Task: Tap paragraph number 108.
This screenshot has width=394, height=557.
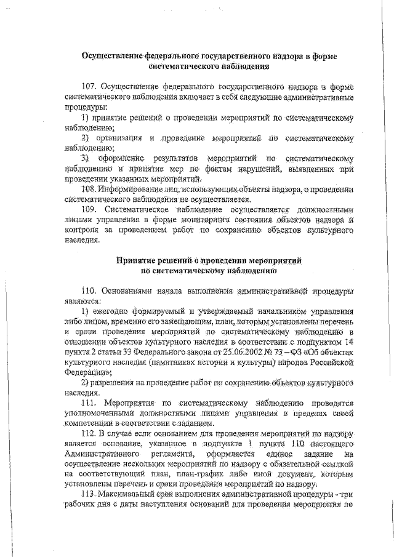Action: coord(89,188)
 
